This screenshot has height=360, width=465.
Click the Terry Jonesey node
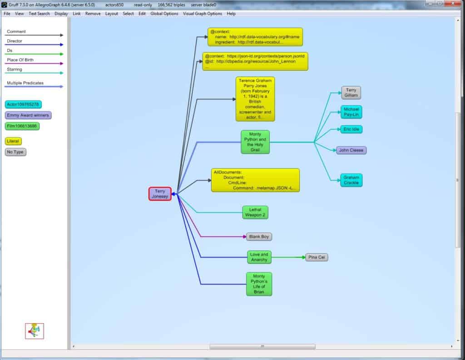[x=160, y=194]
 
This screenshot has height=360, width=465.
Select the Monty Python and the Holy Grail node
[x=255, y=142]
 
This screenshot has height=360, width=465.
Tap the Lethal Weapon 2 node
[x=255, y=212]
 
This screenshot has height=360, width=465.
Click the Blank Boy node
[x=259, y=237]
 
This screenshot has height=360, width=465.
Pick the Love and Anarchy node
[x=259, y=257]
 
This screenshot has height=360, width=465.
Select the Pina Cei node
[x=317, y=257]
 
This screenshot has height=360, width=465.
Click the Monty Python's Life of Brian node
[x=259, y=284]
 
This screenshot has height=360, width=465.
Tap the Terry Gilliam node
[x=351, y=93]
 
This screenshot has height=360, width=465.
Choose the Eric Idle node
[x=351, y=129]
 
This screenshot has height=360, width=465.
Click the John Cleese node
[x=351, y=150]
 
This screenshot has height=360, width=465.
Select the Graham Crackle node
[x=351, y=180]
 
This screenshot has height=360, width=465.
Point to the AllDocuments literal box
[x=255, y=180]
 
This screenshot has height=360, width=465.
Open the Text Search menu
[x=39, y=14]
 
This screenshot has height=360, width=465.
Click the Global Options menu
[x=164, y=14]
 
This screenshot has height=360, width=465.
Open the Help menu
[x=231, y=14]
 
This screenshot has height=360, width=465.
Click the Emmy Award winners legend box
[x=28, y=115]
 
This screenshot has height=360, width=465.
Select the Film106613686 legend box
[x=22, y=126]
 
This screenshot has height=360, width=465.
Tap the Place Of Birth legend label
[x=20, y=60]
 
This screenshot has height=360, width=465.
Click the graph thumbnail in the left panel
[x=35, y=331]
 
